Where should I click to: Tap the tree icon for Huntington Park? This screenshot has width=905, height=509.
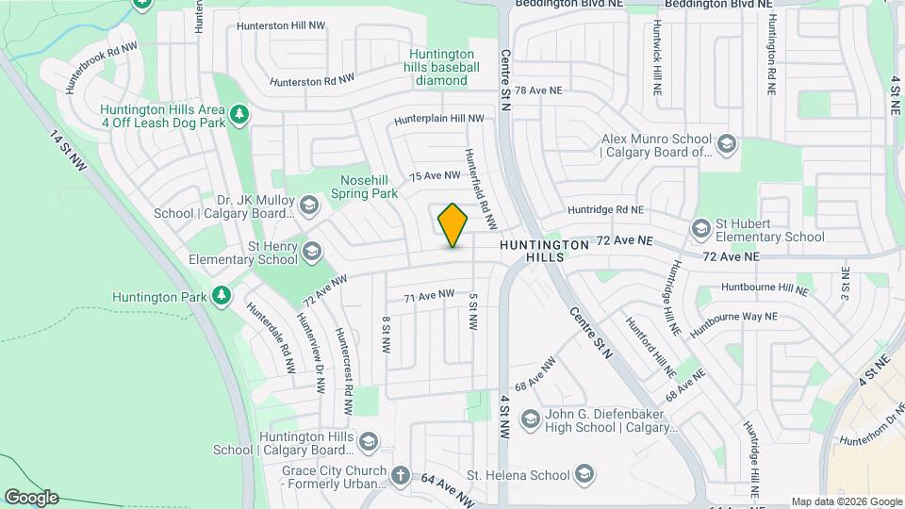click(x=222, y=296)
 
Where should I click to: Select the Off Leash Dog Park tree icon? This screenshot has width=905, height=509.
click(x=239, y=114)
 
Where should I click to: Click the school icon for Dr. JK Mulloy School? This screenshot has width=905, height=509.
click(x=309, y=205)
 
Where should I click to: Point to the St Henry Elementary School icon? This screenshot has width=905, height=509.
click(x=312, y=252)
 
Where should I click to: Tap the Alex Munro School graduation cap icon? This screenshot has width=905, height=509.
click(x=726, y=144)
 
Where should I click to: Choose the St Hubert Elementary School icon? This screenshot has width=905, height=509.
click(x=700, y=229)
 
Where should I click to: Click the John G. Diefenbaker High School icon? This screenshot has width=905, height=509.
click(x=530, y=419)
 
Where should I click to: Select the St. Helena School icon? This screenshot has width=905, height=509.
click(x=584, y=474)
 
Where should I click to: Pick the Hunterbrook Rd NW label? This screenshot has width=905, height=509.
click(x=101, y=66)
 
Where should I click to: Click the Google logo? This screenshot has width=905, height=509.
click(x=31, y=498)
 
